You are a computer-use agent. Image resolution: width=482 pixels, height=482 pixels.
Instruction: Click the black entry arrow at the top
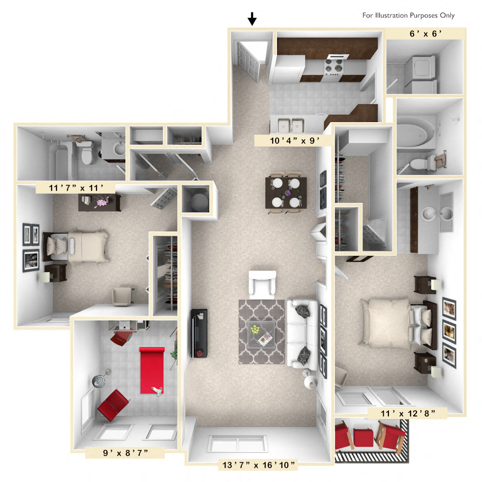coord(252,19)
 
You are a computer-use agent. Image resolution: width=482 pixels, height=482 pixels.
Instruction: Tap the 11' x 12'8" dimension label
coord(408,413)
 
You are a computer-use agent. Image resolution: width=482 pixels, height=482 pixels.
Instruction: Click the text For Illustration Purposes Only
coord(408,15)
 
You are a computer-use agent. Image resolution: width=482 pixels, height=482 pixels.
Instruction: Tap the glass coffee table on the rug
coord(259,334)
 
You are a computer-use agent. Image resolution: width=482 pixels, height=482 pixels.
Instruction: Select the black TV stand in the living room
coord(200,333)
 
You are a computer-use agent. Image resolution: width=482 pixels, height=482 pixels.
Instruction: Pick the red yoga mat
coord(152,369)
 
